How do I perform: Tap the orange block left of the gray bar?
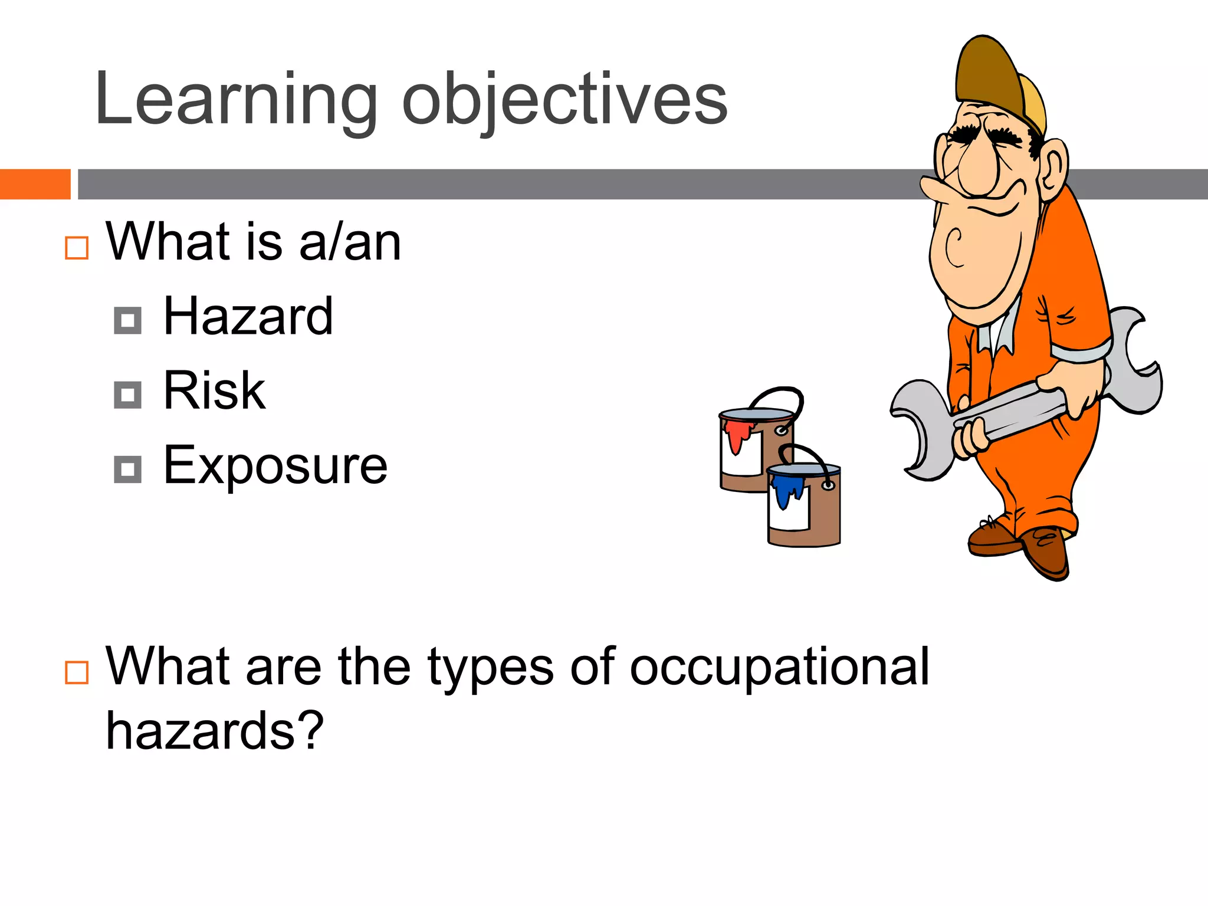pos(35,184)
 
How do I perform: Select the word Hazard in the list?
pos(248,317)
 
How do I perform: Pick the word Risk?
pos(214,390)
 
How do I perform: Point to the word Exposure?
pos(275,466)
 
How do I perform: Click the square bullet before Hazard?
pos(127,320)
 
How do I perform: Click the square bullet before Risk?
pos(127,395)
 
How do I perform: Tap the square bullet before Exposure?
pos(127,470)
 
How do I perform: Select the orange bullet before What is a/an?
pos(77,248)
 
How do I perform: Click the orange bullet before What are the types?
pos(77,672)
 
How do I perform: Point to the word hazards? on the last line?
pos(215,731)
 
